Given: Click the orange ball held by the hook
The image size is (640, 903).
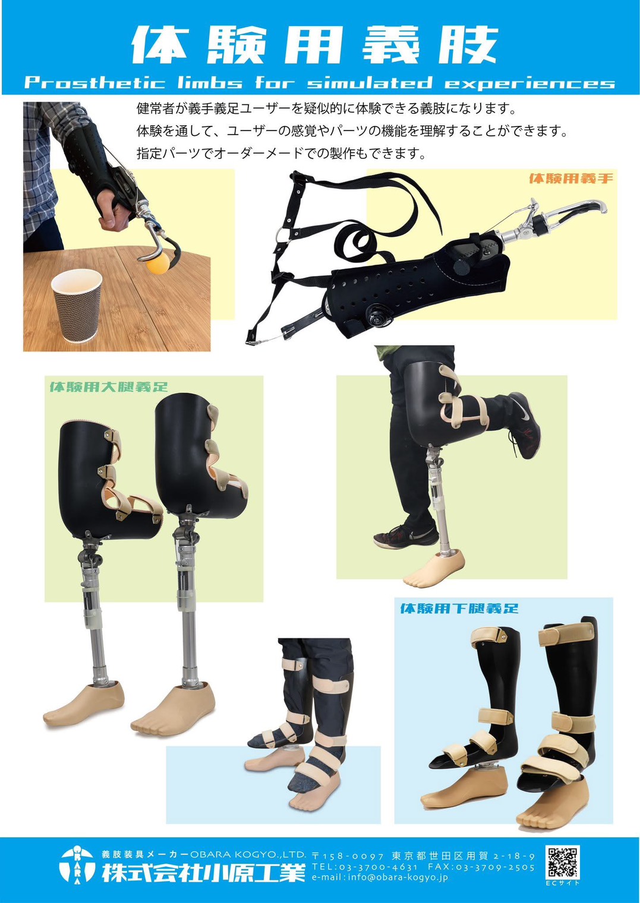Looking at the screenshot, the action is click(158, 263).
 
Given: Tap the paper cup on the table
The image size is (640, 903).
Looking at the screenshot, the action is click(76, 305).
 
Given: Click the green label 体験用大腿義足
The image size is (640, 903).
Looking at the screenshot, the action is click(109, 387).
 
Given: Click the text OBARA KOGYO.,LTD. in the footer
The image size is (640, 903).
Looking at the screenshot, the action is click(248, 854).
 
